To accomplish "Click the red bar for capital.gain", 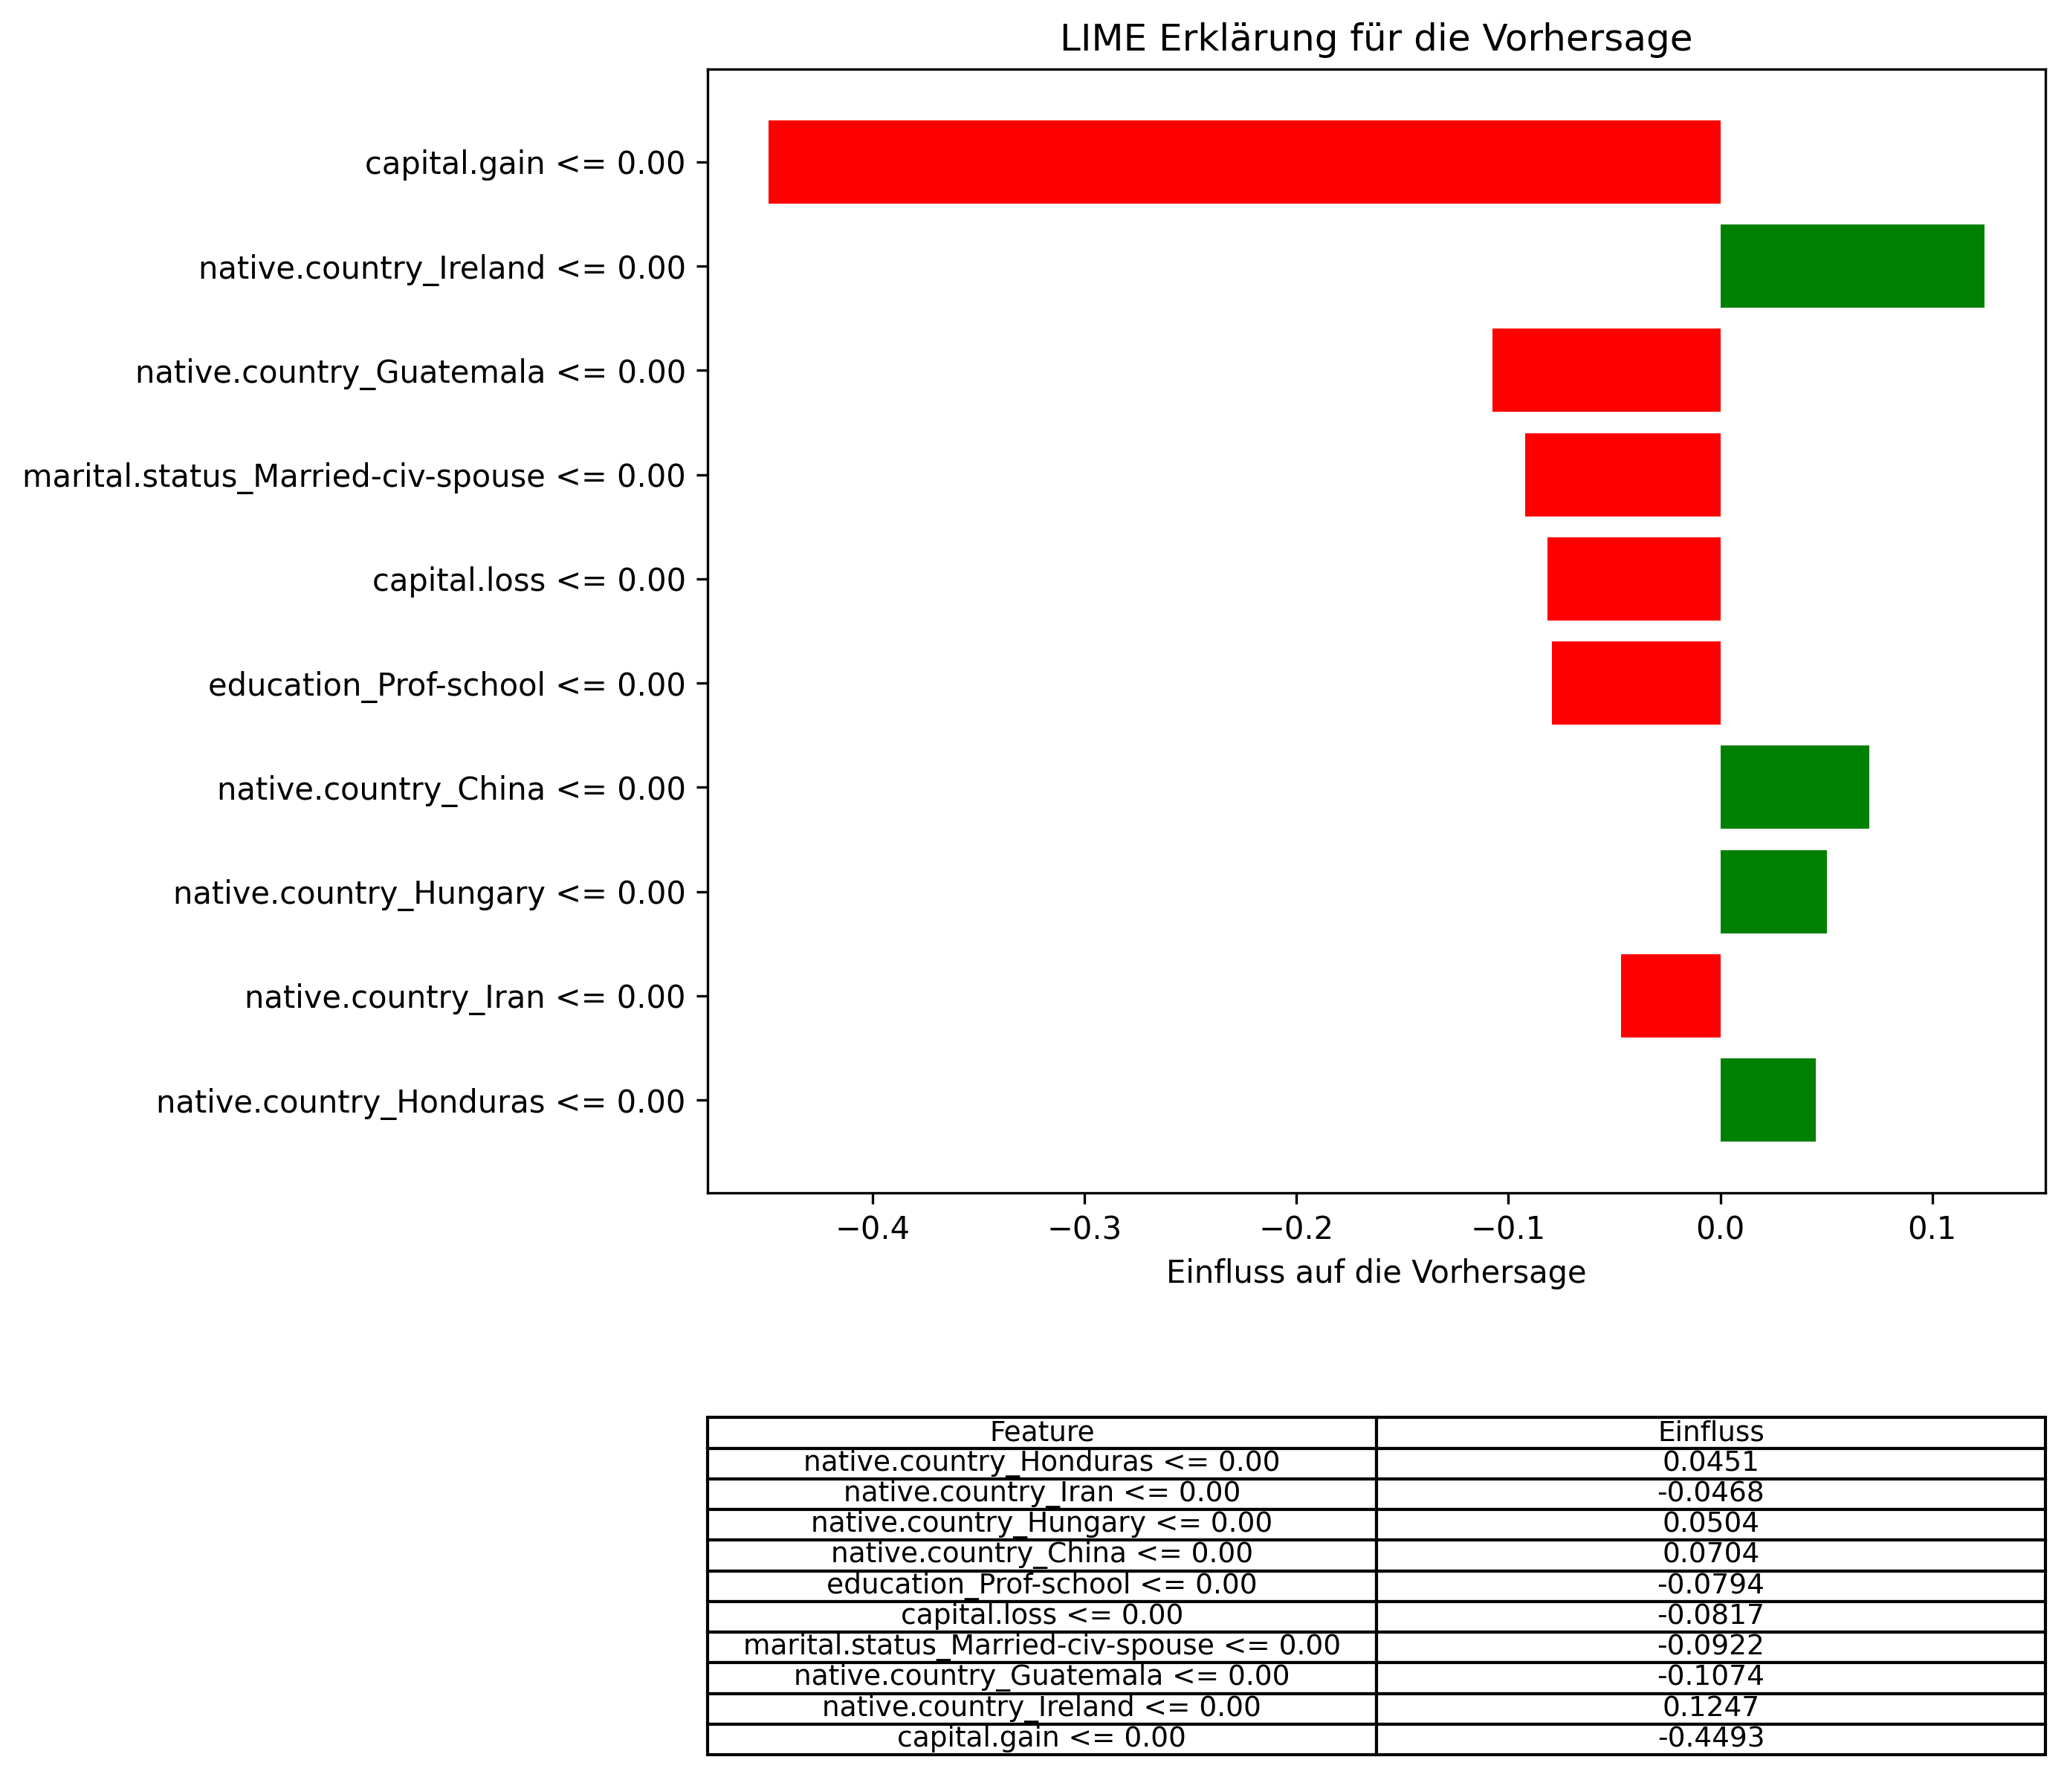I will click(1244, 161).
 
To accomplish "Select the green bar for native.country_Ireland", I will click(1851, 266).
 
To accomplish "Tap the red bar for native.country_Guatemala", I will click(1606, 370).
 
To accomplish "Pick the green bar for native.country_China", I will click(1793, 787).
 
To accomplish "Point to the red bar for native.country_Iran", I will click(1670, 996).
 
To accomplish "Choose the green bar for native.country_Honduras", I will click(1767, 1099).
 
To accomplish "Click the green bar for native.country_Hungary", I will click(1773, 892).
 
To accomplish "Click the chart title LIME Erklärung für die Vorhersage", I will click(1376, 39).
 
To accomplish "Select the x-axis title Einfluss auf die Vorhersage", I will click(1376, 1272).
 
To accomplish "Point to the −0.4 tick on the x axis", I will click(873, 1229).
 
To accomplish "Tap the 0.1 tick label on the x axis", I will click(1932, 1229).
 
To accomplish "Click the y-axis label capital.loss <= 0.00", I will click(528, 580).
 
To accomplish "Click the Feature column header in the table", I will click(1041, 1431).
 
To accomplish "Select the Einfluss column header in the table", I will click(1709, 1431).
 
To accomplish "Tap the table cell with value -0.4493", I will click(1709, 1737).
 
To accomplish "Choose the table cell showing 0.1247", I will click(1709, 1707).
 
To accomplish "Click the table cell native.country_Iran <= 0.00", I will click(1041, 1492).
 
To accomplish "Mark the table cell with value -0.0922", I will click(1709, 1645).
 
